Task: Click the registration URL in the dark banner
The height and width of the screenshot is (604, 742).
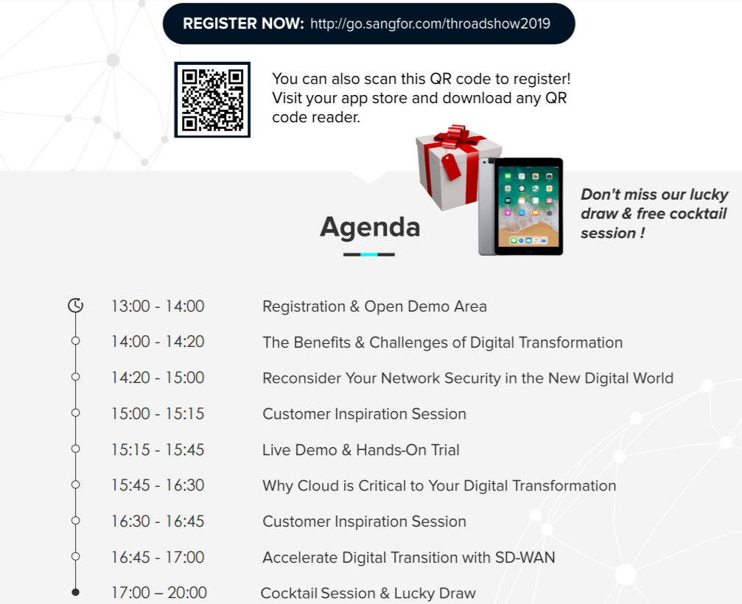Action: (x=430, y=24)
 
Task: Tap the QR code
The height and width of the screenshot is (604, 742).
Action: (x=212, y=99)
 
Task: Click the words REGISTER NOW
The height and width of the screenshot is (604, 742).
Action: (x=243, y=24)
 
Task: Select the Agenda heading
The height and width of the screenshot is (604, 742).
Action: (x=370, y=227)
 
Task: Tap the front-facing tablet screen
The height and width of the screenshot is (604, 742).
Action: (x=528, y=206)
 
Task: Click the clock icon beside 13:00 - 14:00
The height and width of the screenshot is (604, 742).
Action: (x=75, y=306)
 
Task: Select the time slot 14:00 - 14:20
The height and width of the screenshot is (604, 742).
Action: (x=158, y=342)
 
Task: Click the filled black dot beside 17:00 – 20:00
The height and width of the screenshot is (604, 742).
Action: (x=75, y=591)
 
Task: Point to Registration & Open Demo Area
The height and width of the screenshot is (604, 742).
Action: (x=374, y=306)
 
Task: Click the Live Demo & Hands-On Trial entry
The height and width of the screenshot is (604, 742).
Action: (x=360, y=450)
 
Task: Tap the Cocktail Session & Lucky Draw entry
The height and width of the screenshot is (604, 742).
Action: (x=368, y=593)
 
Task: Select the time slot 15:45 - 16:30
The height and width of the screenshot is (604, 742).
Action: (x=158, y=485)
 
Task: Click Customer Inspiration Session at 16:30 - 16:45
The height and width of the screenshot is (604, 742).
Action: (x=365, y=522)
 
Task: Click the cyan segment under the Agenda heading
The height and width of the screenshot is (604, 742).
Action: (x=369, y=254)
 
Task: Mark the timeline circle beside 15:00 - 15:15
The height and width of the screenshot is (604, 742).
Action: (x=75, y=413)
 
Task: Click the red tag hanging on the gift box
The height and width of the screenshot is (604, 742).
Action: (x=451, y=166)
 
